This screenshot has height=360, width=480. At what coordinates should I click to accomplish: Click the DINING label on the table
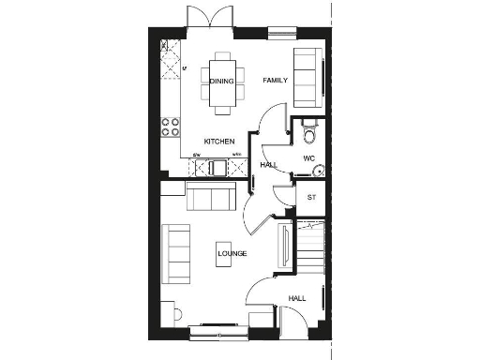pyautogui.click(x=221, y=82)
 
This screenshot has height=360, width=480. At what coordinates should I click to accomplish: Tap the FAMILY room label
pyautogui.click(x=274, y=81)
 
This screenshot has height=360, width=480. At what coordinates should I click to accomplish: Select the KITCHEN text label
pyautogui.click(x=218, y=141)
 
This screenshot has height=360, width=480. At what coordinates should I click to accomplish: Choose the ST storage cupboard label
pyautogui.click(x=312, y=198)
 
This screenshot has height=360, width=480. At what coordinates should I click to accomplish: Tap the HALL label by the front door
pyautogui.click(x=297, y=298)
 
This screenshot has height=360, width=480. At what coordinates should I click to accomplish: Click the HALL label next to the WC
pyautogui.click(x=268, y=166)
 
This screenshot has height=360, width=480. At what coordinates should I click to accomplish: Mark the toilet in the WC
pyautogui.click(x=310, y=133)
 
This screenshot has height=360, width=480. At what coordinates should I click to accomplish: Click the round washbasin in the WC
pyautogui.click(x=318, y=170)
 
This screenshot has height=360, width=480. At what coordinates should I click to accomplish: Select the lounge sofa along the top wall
pyautogui.click(x=210, y=198)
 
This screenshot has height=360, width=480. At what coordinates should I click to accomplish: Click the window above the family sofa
pyautogui.click(x=279, y=35)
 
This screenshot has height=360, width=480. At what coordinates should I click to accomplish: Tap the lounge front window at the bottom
pyautogui.click(x=218, y=328)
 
